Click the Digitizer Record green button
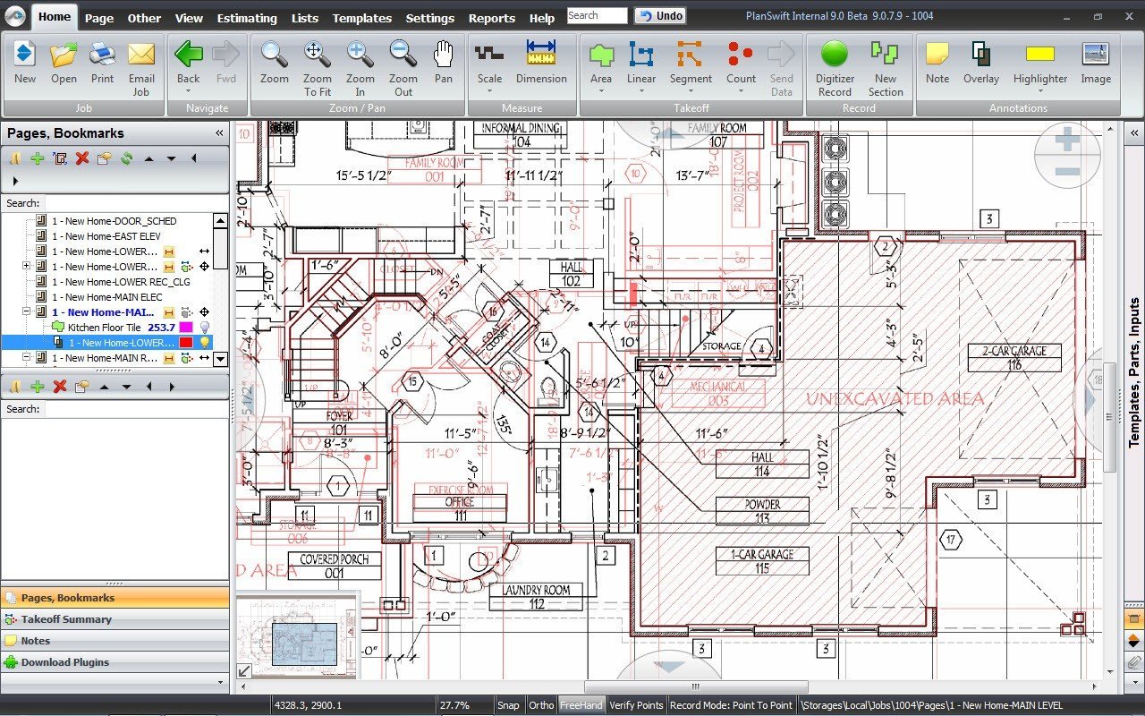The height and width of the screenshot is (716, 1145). click(x=834, y=55)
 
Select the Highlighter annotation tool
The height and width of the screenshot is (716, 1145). click(x=1039, y=55)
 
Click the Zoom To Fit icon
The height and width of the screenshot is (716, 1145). click(x=317, y=55)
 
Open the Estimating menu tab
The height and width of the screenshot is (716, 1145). click(x=247, y=18)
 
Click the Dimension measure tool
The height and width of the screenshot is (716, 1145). click(x=541, y=55)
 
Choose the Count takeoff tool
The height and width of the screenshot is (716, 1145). click(x=740, y=55)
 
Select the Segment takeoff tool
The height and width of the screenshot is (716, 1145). click(x=690, y=55)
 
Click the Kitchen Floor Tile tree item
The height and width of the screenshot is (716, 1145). click(x=104, y=328)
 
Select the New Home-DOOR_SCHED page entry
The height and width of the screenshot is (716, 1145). click(x=114, y=221)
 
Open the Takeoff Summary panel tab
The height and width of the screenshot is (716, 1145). click(x=66, y=619)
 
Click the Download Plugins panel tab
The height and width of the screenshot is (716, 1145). click(x=64, y=662)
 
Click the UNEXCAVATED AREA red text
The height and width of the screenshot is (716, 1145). click(x=895, y=399)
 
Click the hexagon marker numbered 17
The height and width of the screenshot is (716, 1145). click(x=951, y=540)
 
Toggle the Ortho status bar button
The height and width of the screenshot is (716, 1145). click(x=540, y=705)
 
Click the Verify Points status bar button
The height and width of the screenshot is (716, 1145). click(x=636, y=705)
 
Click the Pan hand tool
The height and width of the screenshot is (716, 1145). click(x=444, y=55)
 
